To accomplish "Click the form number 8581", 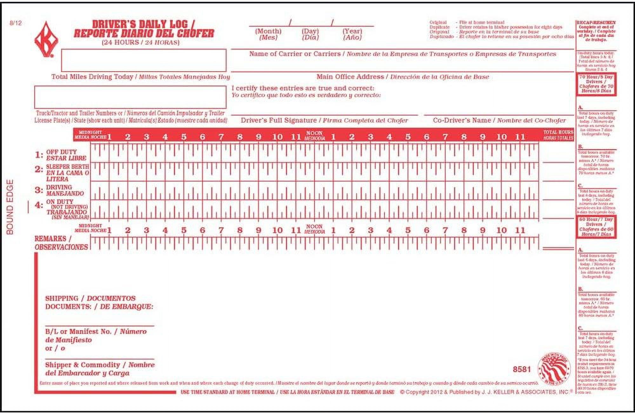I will [522, 369].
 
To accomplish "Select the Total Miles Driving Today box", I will [144, 60].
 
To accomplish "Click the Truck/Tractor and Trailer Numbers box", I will [130, 97].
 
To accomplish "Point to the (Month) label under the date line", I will [268, 31].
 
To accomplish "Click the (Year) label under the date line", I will [352, 31].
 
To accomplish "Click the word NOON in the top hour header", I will [314, 133].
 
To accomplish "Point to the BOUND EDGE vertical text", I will [10, 207].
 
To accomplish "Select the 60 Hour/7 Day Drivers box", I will [596, 227].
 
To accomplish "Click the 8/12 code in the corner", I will [16, 23].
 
